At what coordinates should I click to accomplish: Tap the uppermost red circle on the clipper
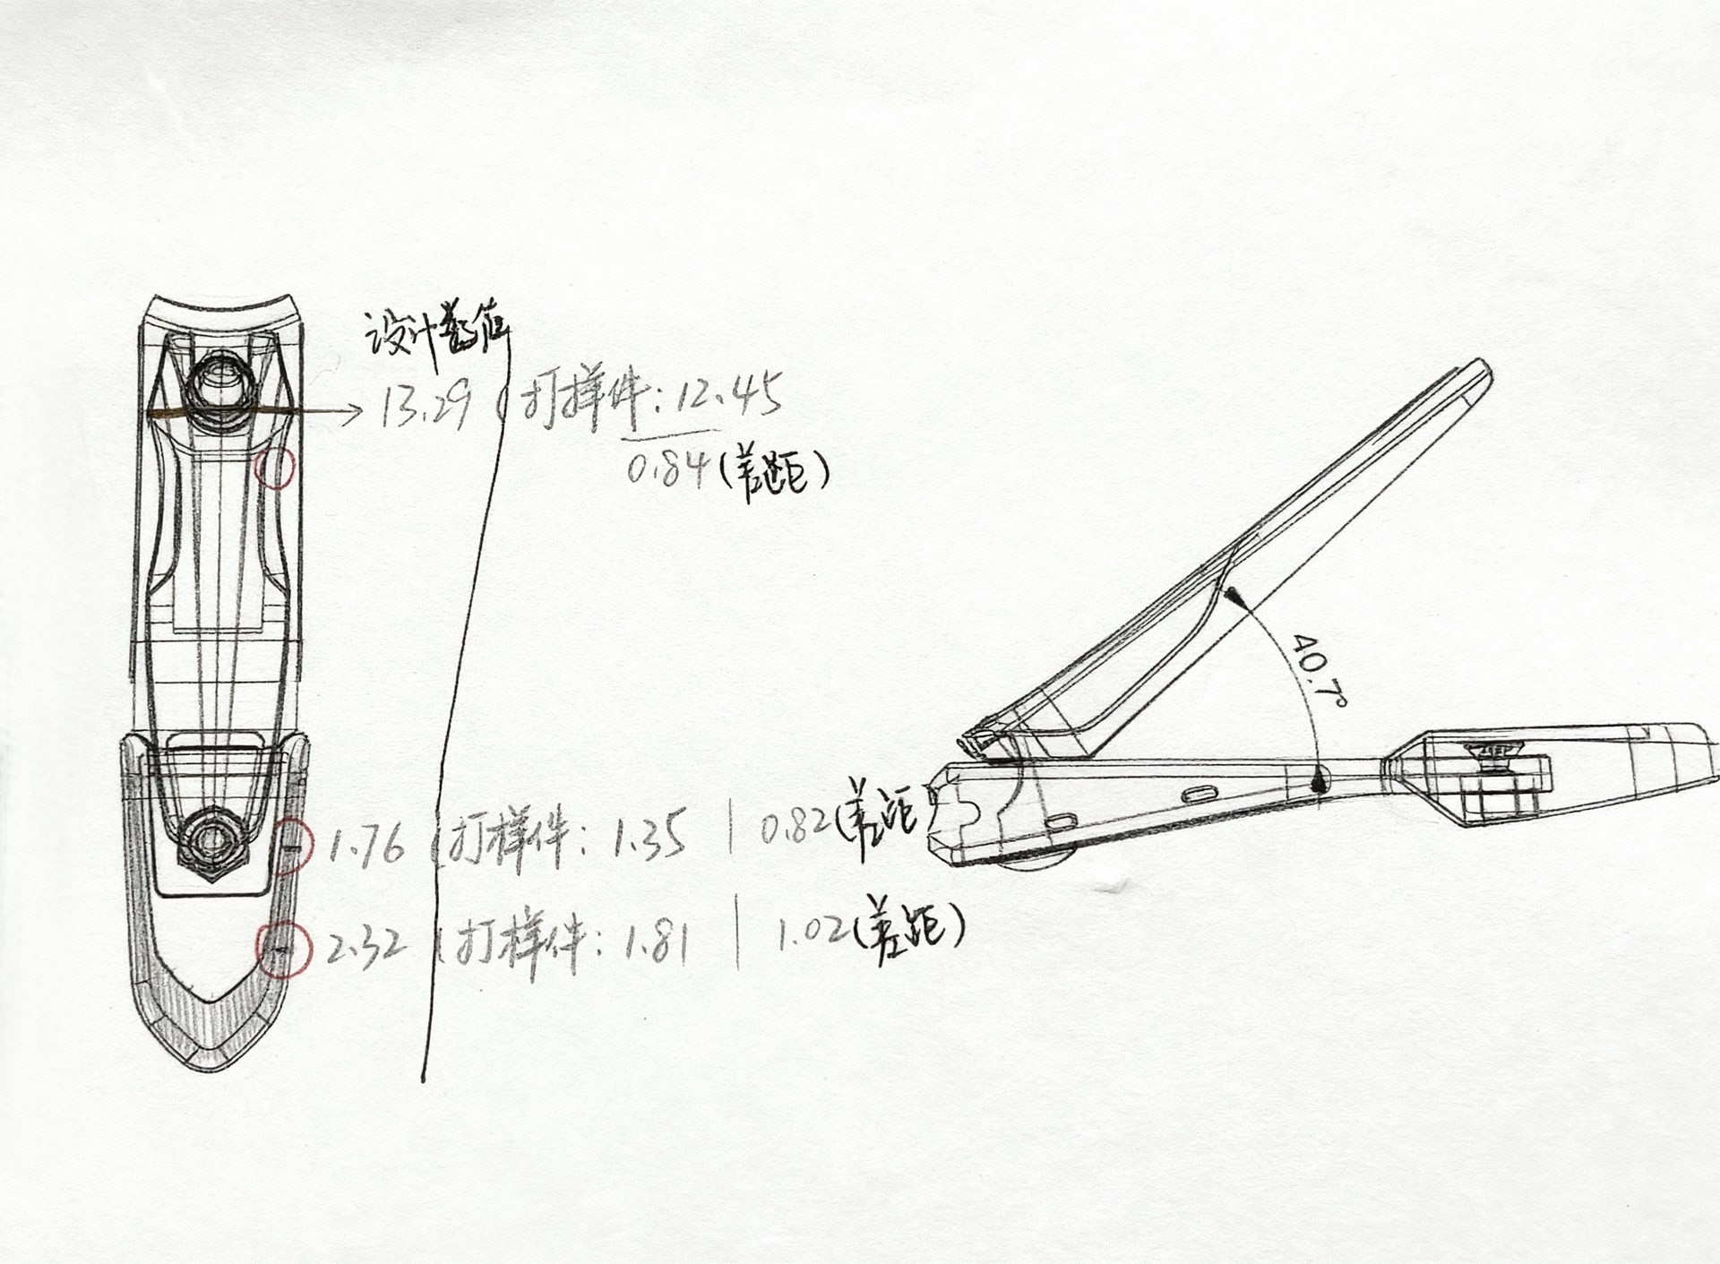point(276,468)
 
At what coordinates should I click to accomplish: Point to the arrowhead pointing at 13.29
point(353,411)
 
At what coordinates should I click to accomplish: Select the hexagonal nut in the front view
point(211,840)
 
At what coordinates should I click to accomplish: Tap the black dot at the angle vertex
point(1319,785)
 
